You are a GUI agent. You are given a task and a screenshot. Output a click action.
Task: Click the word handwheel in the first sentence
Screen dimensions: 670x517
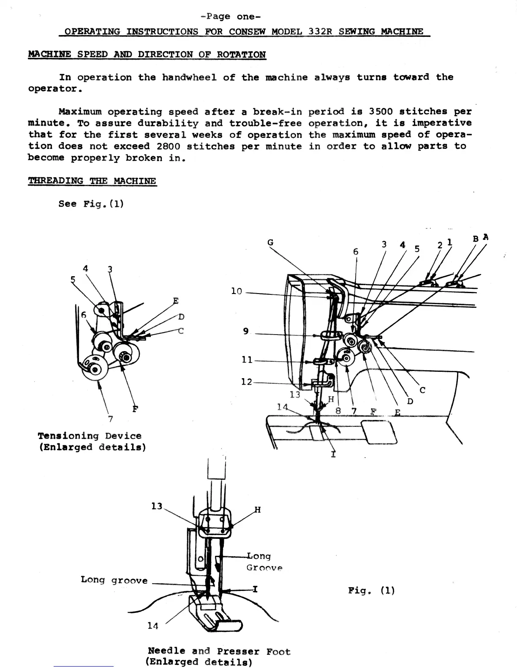point(189,77)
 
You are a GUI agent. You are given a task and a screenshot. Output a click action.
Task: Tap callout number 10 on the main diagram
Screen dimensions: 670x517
point(237,291)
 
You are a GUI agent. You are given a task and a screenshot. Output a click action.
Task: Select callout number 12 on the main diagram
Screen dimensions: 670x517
point(246,382)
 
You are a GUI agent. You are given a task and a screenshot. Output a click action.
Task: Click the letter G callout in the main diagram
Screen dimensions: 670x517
point(270,242)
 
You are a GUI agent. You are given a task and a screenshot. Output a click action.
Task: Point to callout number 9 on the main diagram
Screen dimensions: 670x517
point(246,332)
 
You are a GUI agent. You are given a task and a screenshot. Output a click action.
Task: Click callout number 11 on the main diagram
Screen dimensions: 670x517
point(247,360)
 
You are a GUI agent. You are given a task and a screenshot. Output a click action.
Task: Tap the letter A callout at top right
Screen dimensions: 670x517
point(485,237)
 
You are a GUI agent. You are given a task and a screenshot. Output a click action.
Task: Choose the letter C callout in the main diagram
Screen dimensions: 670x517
point(422,390)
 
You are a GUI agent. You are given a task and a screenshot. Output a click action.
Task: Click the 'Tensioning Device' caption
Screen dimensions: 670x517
point(90,436)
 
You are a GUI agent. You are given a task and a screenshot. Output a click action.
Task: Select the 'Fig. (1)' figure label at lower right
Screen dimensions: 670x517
point(372,590)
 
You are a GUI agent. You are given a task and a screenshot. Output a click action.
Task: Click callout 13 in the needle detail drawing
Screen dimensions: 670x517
point(157,506)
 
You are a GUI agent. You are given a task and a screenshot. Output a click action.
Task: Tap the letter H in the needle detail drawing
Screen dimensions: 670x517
point(257,510)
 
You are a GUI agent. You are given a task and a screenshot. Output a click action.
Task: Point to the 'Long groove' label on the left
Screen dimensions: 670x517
point(114,580)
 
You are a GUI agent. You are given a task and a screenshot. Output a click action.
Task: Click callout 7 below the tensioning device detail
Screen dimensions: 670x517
point(110,419)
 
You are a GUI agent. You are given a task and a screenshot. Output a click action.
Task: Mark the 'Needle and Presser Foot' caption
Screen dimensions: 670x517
point(219,651)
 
